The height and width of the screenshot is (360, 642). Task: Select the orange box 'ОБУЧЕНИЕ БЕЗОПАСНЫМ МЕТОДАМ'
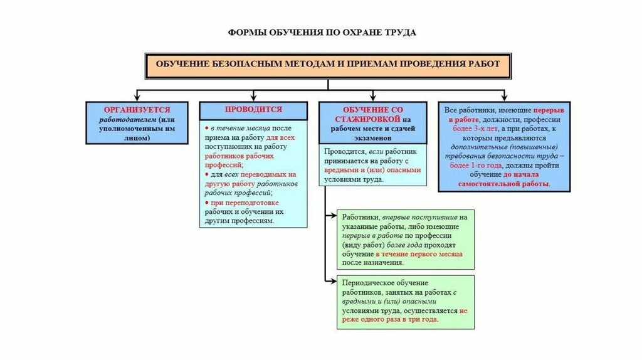(328, 65)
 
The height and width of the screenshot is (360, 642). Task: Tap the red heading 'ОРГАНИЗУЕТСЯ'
(137, 109)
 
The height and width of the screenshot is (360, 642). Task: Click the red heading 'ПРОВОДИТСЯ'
(253, 109)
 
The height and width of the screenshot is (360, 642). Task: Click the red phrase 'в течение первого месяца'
(419, 254)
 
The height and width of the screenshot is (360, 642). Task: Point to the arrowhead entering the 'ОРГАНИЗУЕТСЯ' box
(137, 97)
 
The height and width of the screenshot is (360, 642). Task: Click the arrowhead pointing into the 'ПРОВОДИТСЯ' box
(253, 97)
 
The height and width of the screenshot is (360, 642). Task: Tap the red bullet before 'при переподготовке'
(207, 203)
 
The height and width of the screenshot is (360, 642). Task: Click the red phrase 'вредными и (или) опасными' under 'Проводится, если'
(372, 170)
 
